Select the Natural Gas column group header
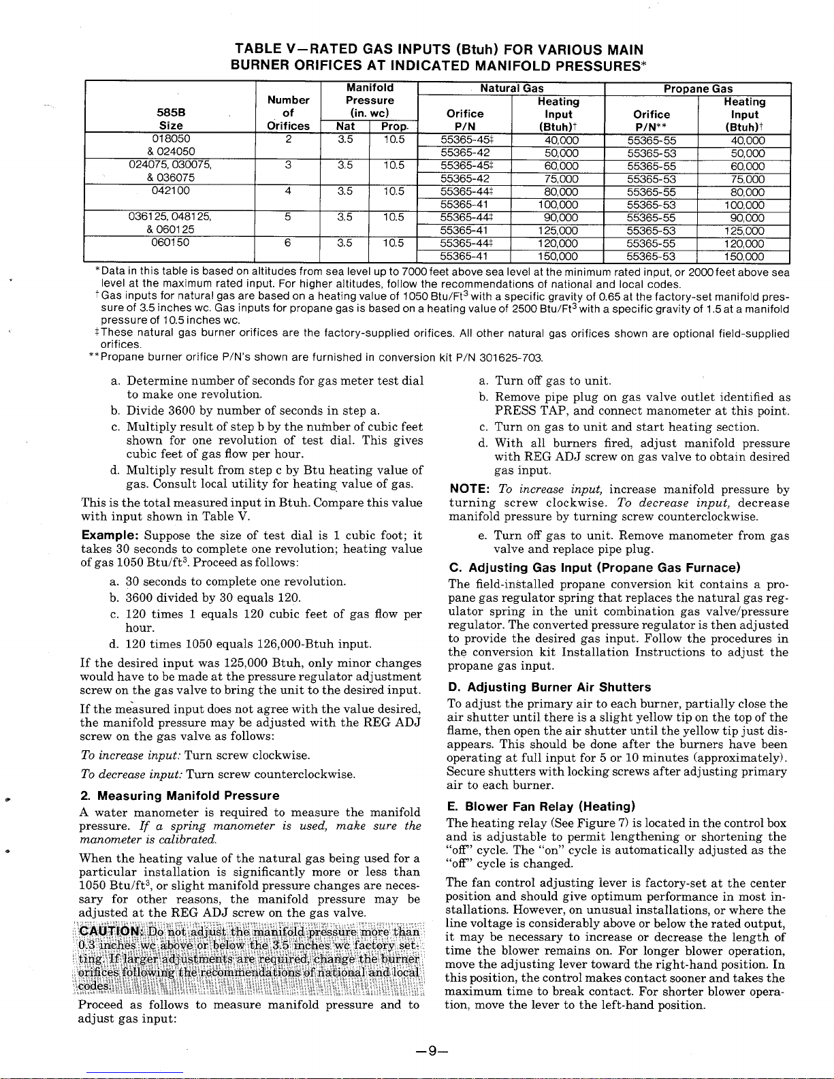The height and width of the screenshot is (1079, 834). click(x=511, y=88)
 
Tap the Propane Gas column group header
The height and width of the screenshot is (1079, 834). click(x=698, y=88)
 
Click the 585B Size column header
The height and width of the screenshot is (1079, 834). click(x=170, y=119)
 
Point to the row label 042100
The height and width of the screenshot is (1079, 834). click(x=170, y=191)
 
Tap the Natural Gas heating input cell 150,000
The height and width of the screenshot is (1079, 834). click(x=558, y=257)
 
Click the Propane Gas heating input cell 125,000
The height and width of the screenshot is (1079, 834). click(x=744, y=231)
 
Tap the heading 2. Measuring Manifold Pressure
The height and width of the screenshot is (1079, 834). click(x=180, y=796)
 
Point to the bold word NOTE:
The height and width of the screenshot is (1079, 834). click(x=470, y=489)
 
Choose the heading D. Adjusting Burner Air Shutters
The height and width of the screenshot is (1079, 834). click(x=549, y=688)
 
